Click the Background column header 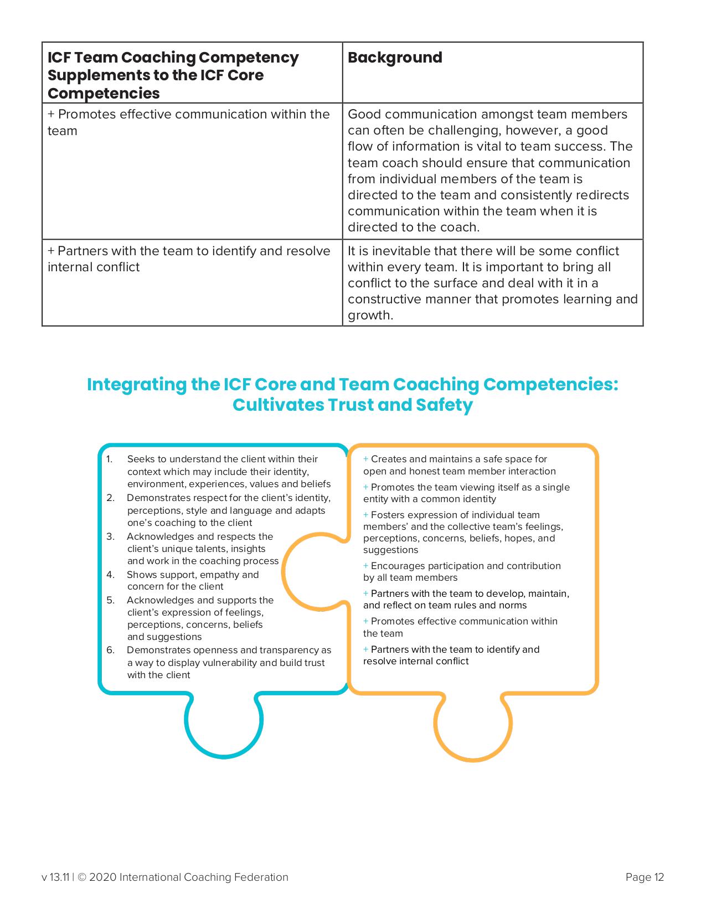click(395, 58)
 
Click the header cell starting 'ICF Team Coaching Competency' click(173, 75)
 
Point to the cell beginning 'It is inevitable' click(492, 283)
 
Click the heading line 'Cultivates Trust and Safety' click(353, 405)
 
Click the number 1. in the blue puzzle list click(109, 459)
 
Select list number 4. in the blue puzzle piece click(110, 575)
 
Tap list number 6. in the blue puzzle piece click(110, 650)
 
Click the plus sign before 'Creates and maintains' click(366, 459)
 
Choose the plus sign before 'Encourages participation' click(366, 566)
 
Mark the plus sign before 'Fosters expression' click(366, 515)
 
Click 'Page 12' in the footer click(645, 877)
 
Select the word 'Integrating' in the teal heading click(136, 384)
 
